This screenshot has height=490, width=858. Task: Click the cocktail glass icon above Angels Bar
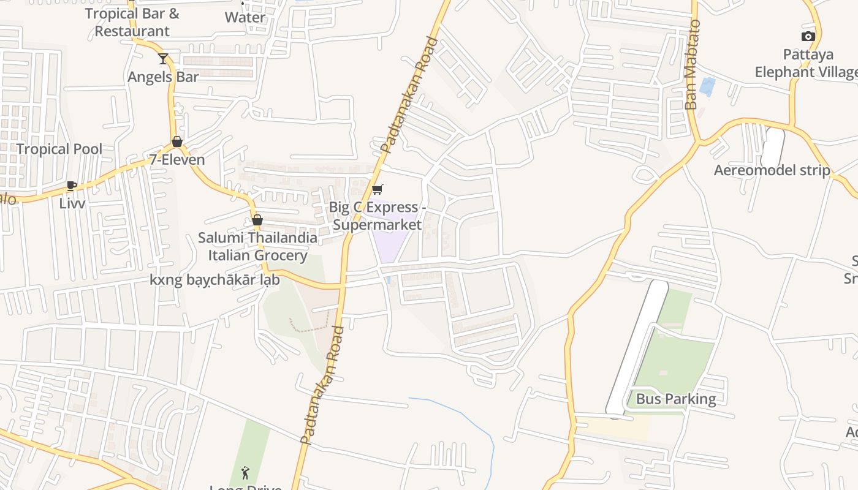coord(162,59)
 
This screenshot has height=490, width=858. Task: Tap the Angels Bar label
coord(163,77)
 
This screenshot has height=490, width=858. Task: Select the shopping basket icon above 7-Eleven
coord(177,141)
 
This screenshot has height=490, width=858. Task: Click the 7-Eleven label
coord(177,160)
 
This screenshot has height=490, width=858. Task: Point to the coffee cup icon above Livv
coord(72,186)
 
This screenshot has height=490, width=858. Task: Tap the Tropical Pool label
coord(59,149)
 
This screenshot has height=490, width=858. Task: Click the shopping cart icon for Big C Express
coord(378,189)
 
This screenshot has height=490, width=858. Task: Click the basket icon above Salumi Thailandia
coord(257,220)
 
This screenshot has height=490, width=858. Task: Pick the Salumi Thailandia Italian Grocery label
coord(257,246)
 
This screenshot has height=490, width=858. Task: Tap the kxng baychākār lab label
coord(214,280)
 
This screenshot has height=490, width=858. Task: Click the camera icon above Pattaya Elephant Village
coord(808,36)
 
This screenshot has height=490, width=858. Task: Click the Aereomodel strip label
coord(772,170)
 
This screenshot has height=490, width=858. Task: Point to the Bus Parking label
coord(675,399)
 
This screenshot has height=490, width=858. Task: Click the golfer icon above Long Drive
coord(245,472)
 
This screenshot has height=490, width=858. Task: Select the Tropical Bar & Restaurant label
coord(132,22)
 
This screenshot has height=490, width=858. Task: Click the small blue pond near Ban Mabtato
coord(707,86)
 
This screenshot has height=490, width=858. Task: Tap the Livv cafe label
coord(72,203)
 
